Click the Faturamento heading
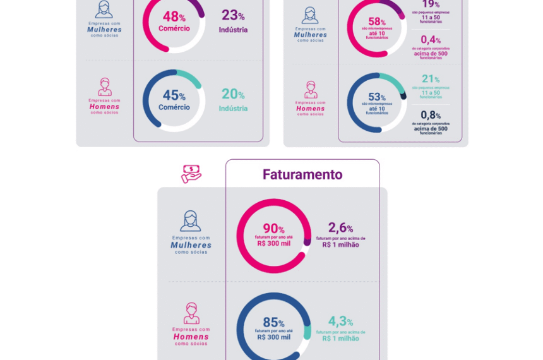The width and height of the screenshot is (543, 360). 302,175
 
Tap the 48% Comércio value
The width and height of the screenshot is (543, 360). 174,18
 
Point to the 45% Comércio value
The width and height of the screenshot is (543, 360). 174,96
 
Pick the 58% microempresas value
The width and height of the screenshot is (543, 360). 377,22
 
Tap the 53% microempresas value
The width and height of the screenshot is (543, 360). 377,97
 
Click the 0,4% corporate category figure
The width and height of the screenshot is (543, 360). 431,40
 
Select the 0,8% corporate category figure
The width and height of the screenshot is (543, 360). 431,115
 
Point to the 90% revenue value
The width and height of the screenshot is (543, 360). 273,229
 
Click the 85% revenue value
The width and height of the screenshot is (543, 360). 273,323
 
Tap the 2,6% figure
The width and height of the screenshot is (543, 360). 340,228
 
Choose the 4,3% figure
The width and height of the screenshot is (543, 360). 340,321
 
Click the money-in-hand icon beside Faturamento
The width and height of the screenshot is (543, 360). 191,174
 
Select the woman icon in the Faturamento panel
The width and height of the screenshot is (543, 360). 190,222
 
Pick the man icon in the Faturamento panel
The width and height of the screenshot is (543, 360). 191,313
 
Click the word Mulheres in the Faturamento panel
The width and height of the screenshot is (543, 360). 191,245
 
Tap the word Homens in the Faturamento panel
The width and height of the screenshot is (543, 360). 191,337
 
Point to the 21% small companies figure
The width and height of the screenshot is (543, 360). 431,79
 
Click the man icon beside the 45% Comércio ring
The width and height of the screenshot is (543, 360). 104,87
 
